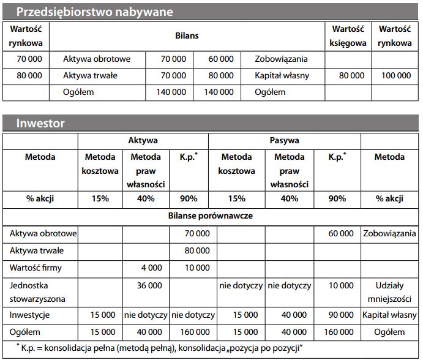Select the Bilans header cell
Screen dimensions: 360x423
[187, 36]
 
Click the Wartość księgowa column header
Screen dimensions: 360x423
[348, 36]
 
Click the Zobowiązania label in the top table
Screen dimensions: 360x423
[282, 59]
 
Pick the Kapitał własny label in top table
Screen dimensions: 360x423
[286, 75]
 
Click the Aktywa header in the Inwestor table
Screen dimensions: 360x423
[143, 140]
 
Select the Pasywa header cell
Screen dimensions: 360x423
[284, 140]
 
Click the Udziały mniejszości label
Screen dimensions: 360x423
[389, 292]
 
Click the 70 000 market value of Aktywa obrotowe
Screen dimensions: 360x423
[26, 59]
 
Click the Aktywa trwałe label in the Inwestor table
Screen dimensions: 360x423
[37, 250]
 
